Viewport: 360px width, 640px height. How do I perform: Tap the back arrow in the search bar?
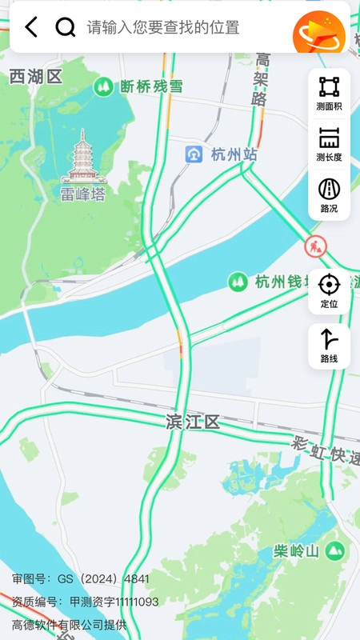[x=31, y=27]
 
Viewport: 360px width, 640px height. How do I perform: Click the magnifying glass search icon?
[x=65, y=27]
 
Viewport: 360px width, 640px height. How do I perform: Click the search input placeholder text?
[x=163, y=27]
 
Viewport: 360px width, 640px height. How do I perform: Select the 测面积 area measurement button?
[x=329, y=93]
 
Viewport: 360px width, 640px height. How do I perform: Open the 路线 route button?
[x=329, y=346]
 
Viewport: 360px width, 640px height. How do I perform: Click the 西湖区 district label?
[x=36, y=77]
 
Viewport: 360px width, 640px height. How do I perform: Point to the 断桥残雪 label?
[x=151, y=86]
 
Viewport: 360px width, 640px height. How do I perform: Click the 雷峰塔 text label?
[x=83, y=193]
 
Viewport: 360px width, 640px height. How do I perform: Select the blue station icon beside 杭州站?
[x=194, y=154]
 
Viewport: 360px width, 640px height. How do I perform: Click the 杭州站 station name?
[x=234, y=154]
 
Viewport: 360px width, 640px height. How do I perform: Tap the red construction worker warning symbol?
[x=316, y=246]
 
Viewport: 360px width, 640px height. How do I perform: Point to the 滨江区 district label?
[x=193, y=422]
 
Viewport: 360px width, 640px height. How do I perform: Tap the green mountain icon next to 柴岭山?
[x=335, y=550]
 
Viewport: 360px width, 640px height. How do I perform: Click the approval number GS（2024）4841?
[x=81, y=578]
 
